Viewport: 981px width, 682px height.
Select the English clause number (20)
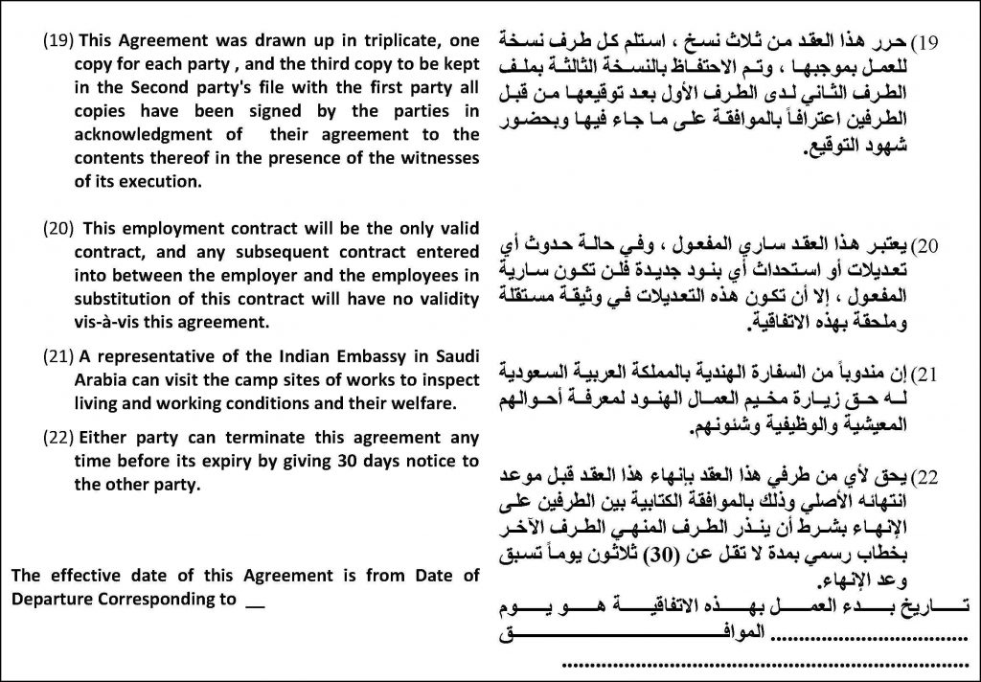coord(58,229)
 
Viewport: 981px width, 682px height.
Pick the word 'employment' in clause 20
coord(169,229)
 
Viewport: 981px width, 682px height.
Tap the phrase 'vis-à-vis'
coord(103,321)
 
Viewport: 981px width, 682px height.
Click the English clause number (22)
coord(58,438)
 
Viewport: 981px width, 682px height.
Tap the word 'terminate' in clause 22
coord(259,438)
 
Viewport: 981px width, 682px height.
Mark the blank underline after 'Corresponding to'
coord(254,602)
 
